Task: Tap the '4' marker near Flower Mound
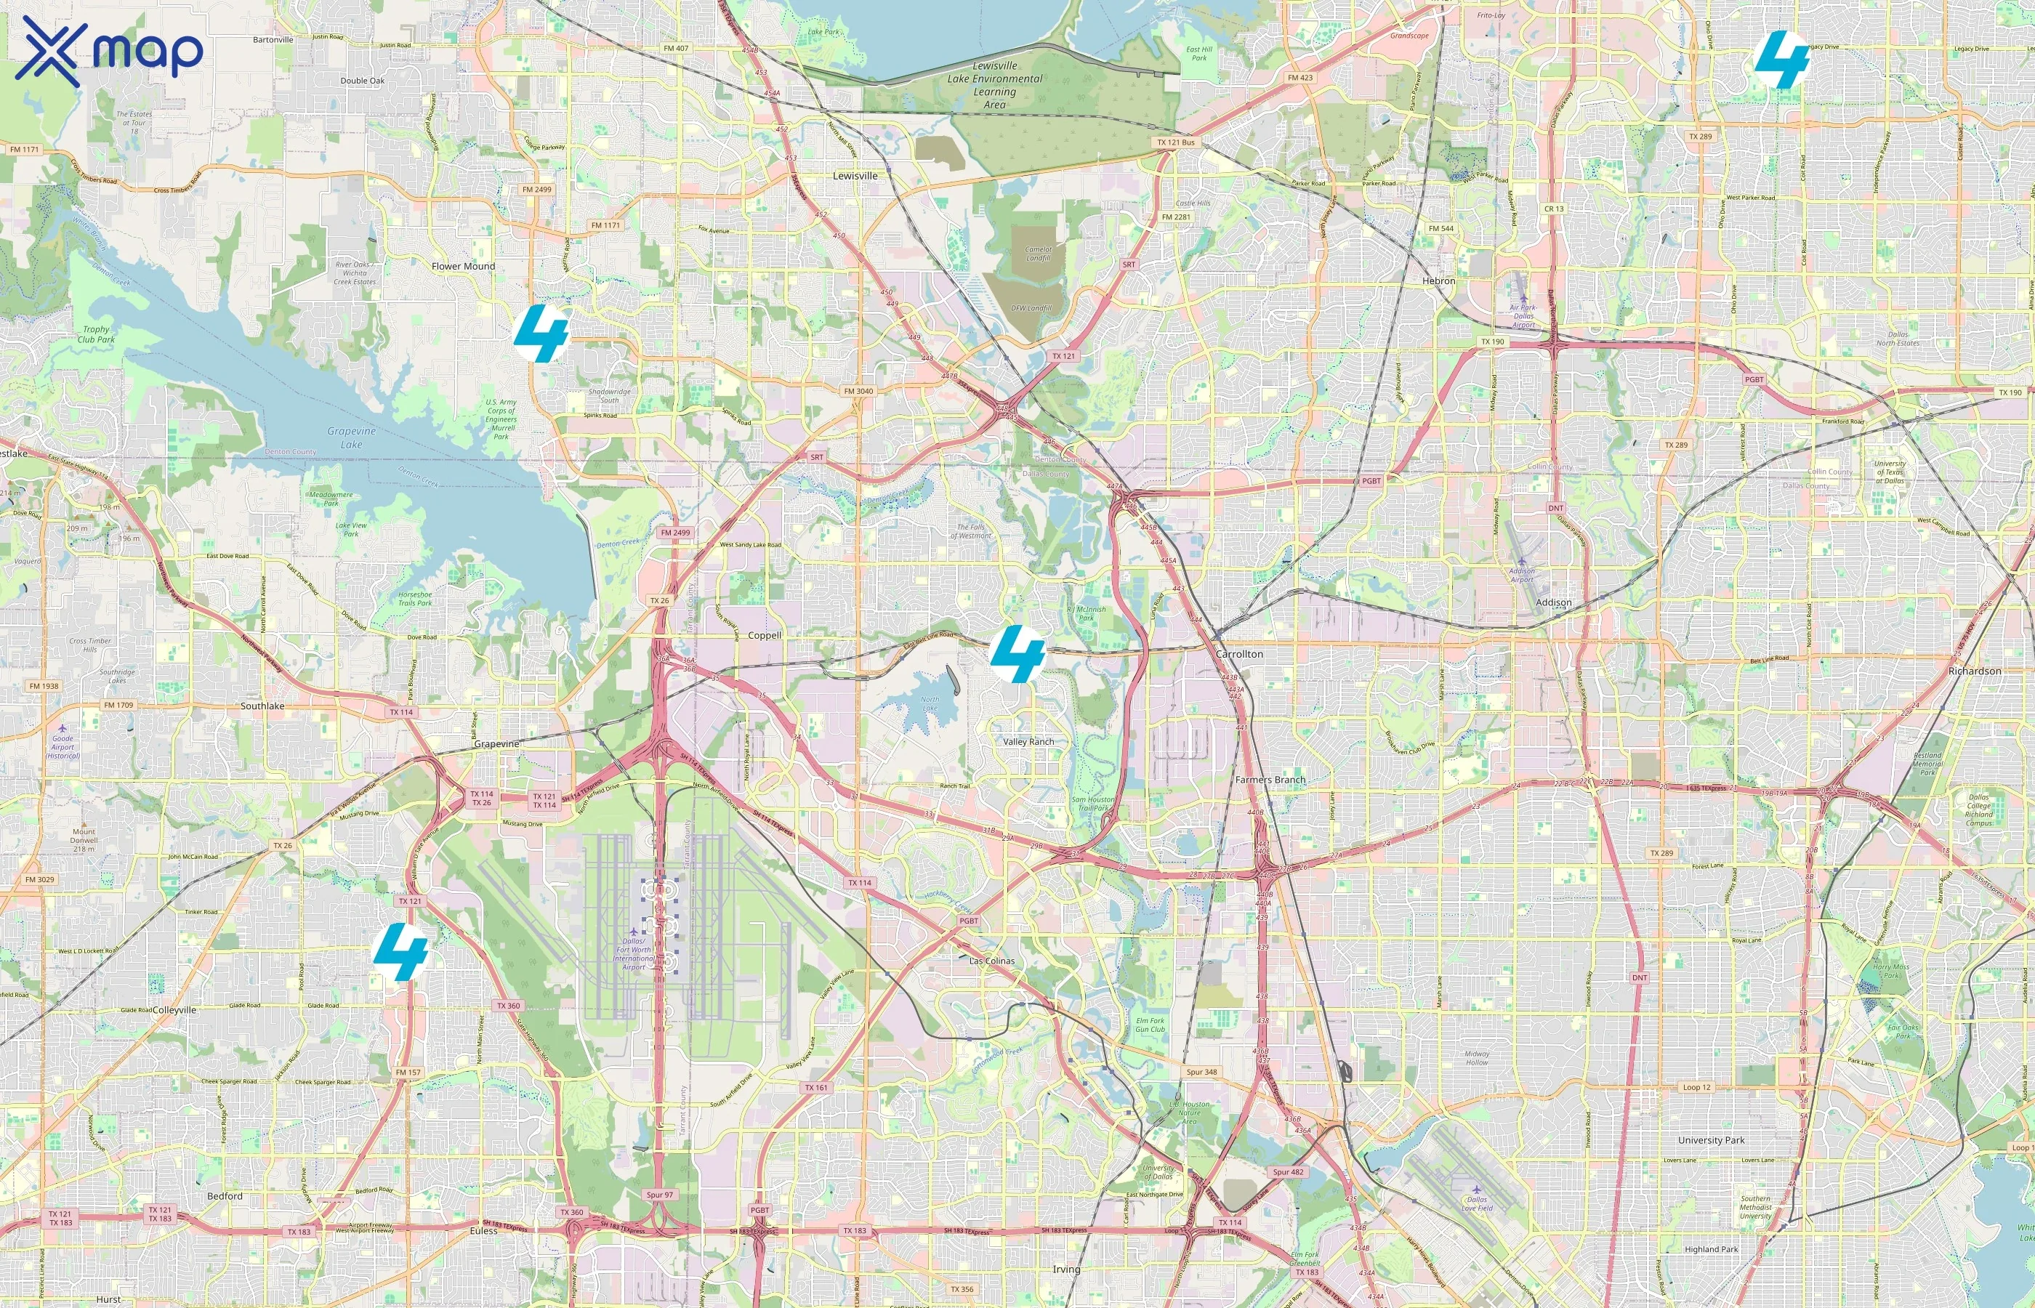[x=541, y=334]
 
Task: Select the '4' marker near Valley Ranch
[x=1017, y=653]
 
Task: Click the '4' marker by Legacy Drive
[x=1782, y=60]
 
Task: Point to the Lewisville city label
[x=855, y=176]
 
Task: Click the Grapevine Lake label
[x=352, y=437]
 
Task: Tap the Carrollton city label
[x=1239, y=654]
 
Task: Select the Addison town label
[x=1553, y=602]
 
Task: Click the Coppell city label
[x=765, y=635]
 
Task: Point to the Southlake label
[x=262, y=706]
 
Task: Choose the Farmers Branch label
[x=1270, y=780]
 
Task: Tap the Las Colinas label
[x=992, y=961]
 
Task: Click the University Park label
[x=1711, y=1140]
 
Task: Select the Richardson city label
[x=1974, y=671]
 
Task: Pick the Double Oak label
[x=363, y=81]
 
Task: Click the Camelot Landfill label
[x=1038, y=254]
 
